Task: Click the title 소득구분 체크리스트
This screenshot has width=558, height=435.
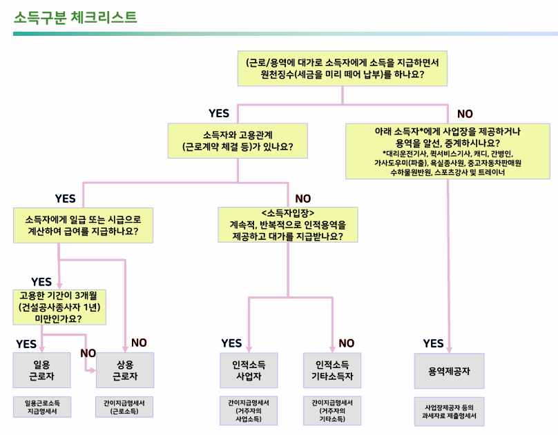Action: coord(75,17)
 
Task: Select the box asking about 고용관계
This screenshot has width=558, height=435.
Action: coord(236,141)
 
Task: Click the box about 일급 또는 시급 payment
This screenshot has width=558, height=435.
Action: coord(81,225)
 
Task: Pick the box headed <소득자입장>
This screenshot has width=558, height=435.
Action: coord(288,225)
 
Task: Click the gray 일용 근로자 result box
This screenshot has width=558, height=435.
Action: coord(42,370)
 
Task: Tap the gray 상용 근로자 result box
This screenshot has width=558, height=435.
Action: coord(125,370)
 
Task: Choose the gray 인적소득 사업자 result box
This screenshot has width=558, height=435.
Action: coord(249,370)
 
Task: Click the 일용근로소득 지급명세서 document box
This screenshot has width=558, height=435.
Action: coord(42,407)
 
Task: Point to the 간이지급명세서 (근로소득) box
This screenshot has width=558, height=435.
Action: coord(125,407)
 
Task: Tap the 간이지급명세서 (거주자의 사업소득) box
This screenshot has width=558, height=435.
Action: coord(249,410)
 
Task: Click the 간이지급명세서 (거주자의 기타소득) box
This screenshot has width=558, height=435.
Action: coord(333,410)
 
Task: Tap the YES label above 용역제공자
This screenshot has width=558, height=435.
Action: coord(433,343)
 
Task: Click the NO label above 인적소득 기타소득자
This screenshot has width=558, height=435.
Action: coord(346,343)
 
